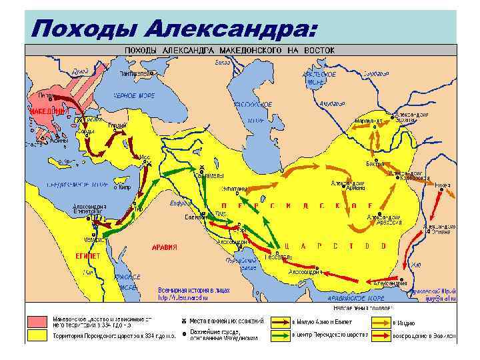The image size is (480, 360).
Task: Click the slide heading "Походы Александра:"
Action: [171, 27]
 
